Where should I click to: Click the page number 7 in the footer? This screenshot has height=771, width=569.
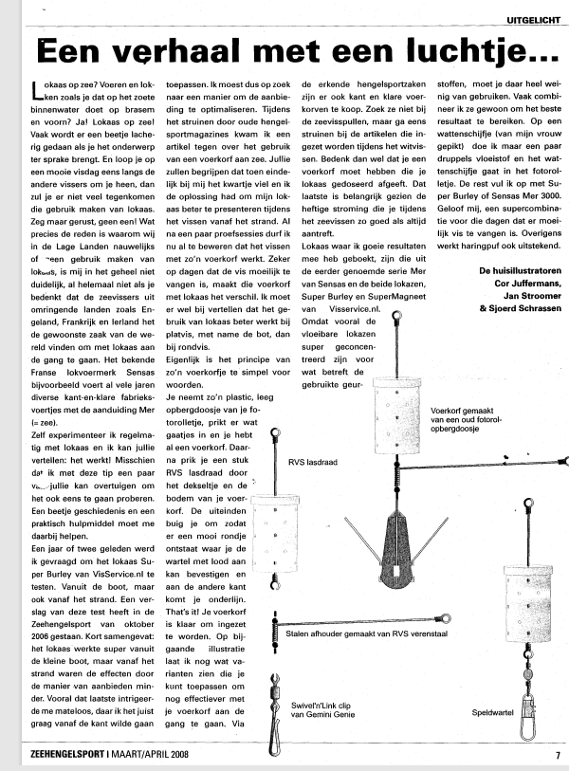557,757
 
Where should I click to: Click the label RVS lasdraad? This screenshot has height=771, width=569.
306,463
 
